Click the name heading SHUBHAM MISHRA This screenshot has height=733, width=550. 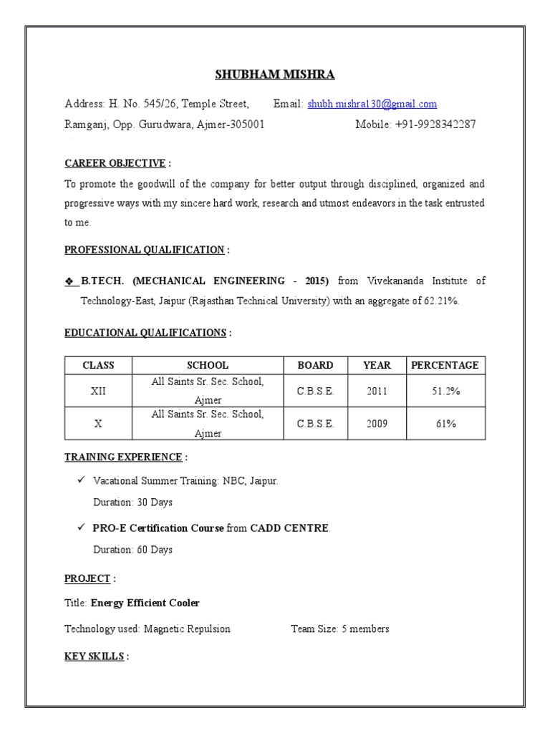coord(275,75)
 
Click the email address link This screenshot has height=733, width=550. coord(372,105)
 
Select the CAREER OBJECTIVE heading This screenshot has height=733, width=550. coord(115,163)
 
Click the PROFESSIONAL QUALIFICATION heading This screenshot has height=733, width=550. coord(144,250)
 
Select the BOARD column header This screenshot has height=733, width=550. coord(315,365)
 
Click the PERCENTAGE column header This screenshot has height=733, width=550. coord(445,365)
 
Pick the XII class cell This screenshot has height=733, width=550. coord(98,392)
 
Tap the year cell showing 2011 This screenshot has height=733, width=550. coord(377,392)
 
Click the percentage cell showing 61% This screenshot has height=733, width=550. coord(445,424)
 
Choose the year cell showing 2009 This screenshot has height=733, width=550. coord(377,424)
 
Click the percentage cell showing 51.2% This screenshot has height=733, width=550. coord(445,392)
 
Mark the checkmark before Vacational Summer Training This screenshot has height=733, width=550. coord(82,481)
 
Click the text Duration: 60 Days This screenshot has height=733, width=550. coord(132,550)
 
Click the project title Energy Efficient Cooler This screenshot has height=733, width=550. coord(145,603)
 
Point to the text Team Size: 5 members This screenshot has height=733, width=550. coord(340,629)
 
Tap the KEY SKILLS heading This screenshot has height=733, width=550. coord(94,656)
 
